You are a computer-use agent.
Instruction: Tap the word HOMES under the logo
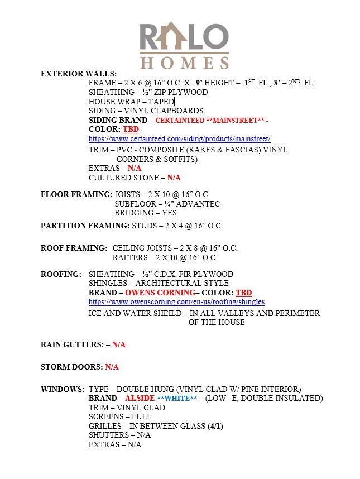click(184, 61)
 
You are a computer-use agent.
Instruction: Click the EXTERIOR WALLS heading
click(79, 74)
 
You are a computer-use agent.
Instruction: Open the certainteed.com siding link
click(179, 138)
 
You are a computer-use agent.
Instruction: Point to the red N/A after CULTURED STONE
click(174, 178)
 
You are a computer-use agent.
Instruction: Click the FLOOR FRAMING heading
click(76, 194)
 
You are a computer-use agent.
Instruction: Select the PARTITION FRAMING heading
click(85, 226)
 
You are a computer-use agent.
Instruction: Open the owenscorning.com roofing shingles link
click(176, 301)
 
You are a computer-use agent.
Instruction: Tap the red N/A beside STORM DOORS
click(112, 367)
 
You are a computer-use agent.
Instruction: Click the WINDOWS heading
click(63, 389)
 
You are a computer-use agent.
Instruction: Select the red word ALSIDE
click(140, 398)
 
